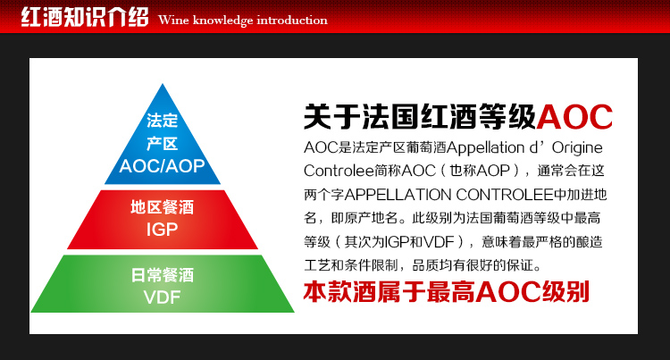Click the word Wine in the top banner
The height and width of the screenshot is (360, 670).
click(x=173, y=20)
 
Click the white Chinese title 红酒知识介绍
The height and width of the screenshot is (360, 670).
click(x=85, y=18)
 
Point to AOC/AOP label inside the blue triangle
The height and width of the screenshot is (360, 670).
click(x=162, y=165)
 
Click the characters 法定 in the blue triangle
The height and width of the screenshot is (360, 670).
click(x=162, y=121)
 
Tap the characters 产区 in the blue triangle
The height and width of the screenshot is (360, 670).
click(x=162, y=144)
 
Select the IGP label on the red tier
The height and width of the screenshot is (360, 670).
click(x=162, y=230)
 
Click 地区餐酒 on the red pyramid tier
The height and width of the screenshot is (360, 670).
click(x=162, y=207)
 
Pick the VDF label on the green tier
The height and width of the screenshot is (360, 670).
click(x=162, y=297)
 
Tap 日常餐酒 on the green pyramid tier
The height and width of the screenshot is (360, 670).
click(x=162, y=275)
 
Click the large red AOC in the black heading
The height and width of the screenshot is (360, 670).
click(x=574, y=117)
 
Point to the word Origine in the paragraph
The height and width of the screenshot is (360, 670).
click(x=577, y=148)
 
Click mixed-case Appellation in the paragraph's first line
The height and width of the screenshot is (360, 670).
click(x=485, y=148)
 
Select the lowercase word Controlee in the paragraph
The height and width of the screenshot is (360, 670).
click(x=339, y=171)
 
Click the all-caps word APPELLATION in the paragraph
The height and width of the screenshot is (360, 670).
click(x=398, y=195)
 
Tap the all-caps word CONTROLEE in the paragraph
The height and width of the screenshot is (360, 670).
click(x=505, y=195)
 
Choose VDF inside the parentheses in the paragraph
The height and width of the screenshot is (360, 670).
click(x=438, y=242)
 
